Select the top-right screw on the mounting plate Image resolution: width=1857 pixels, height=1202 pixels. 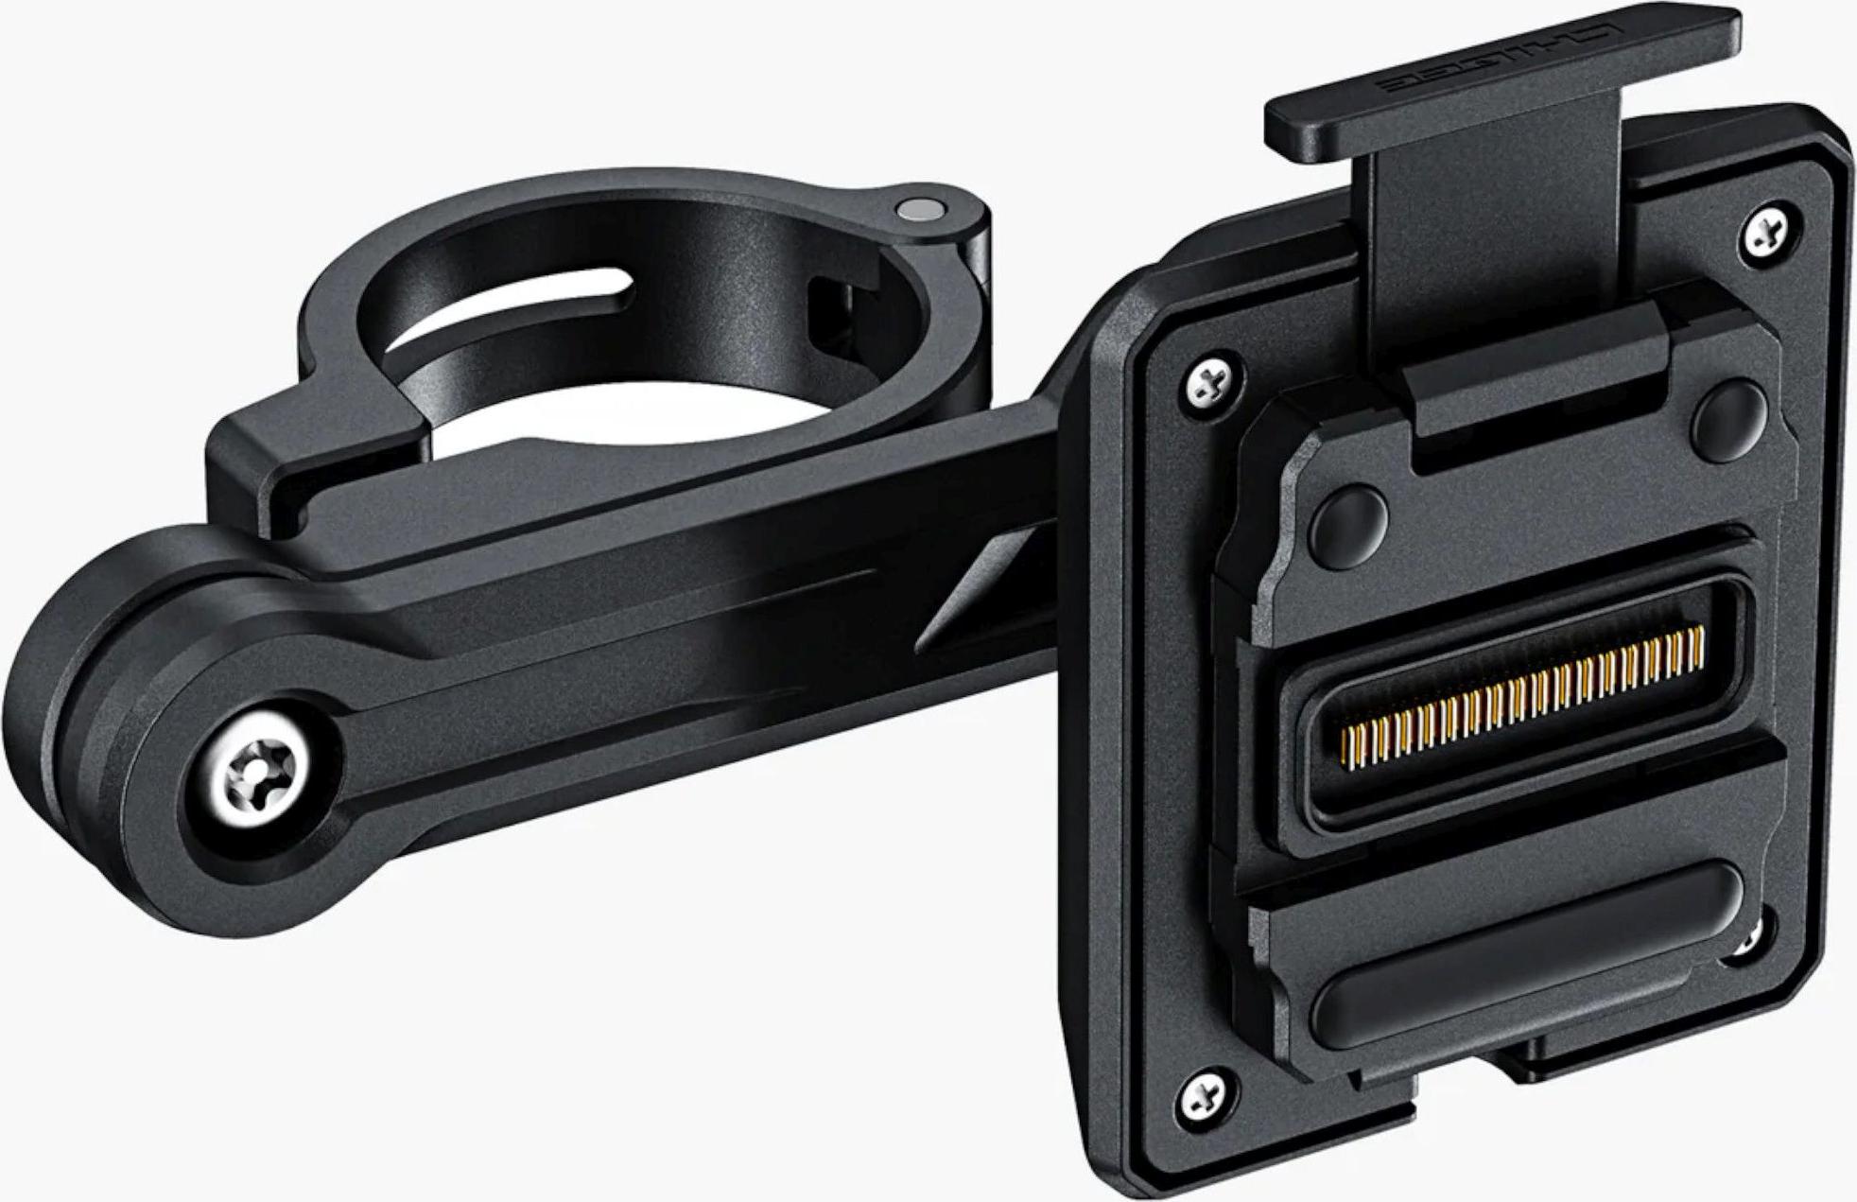point(1766,230)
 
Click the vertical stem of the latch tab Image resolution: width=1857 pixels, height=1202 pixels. point(1494,236)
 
